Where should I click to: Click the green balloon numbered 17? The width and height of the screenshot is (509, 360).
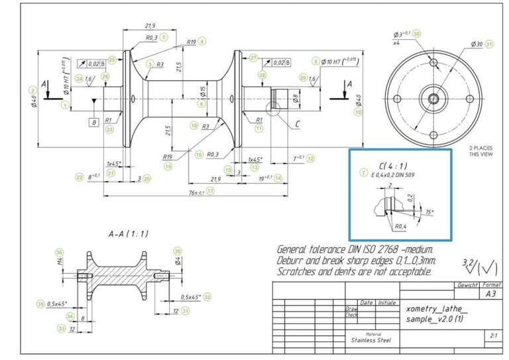pos(211,191)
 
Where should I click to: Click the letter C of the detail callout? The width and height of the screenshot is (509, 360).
pos(297,123)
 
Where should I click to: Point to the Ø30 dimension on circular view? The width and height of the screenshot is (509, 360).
pos(476,44)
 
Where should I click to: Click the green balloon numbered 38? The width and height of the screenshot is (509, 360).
pos(416,33)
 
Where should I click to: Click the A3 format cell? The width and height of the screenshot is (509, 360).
pos(490,293)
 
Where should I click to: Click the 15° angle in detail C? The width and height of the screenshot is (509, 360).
pos(429,211)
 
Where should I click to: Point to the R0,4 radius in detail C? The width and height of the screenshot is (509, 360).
pos(399,226)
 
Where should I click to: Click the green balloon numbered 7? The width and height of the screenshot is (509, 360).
pos(363,172)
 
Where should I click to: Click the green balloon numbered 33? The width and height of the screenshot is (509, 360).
pos(61,328)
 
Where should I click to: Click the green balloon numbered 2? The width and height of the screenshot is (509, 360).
pos(31,90)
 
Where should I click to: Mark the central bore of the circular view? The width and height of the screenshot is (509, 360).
pos(433,98)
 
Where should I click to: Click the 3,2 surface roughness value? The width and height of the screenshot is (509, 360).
pos(468,263)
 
